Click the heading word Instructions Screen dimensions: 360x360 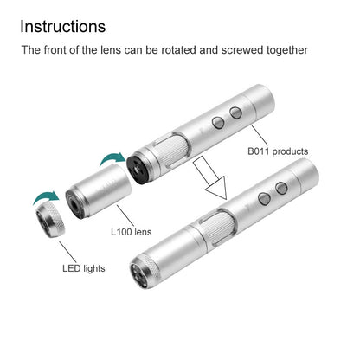point(63,26)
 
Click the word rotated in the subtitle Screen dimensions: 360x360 point(178,50)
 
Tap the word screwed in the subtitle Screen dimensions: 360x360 point(242,50)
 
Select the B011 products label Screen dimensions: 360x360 point(278,151)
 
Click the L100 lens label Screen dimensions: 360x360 point(132,232)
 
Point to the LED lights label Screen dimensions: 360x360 point(84,268)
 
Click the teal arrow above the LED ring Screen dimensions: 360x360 point(46,197)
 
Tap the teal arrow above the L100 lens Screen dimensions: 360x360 point(112,158)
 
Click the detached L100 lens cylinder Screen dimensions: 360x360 point(98,191)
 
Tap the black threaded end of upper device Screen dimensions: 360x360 point(138,169)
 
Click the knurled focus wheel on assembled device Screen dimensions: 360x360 point(219,226)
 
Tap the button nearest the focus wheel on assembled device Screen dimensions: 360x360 point(264,199)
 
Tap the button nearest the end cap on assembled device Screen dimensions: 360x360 point(281,188)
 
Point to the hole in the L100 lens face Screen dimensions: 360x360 point(74,204)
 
